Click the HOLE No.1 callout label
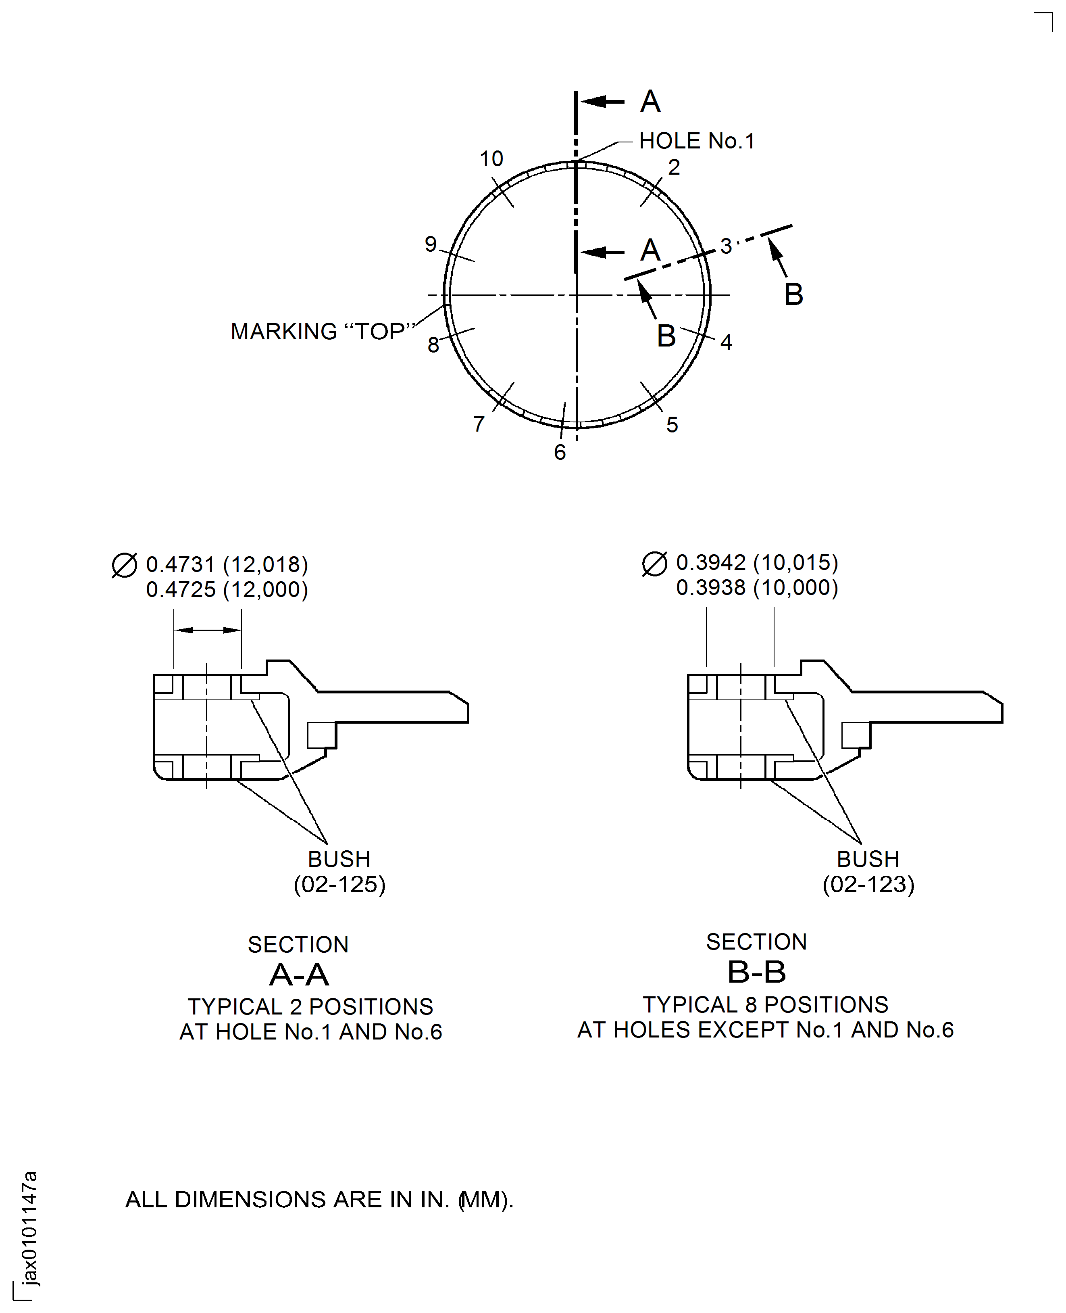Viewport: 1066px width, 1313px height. [x=696, y=141]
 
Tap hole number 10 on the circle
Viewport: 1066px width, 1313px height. [x=491, y=159]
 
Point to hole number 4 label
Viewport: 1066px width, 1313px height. [x=726, y=342]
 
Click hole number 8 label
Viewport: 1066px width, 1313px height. [x=433, y=345]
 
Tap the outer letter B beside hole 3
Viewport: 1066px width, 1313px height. [x=793, y=295]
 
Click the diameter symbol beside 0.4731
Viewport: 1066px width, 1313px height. [x=125, y=565]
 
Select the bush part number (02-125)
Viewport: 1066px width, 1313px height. [x=339, y=885]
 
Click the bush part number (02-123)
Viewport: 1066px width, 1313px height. [x=868, y=885]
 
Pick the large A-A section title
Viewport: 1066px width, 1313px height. [x=299, y=975]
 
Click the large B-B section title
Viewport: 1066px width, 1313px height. [x=756, y=973]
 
